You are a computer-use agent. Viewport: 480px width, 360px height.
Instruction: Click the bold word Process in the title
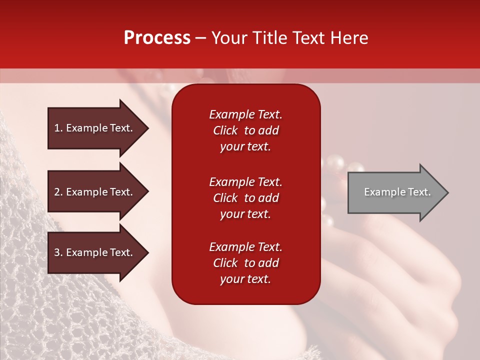pyautogui.click(x=157, y=38)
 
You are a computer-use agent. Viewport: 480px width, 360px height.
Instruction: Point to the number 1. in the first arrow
pyautogui.click(x=58, y=128)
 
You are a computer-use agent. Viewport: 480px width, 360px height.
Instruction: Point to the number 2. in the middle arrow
pyautogui.click(x=58, y=192)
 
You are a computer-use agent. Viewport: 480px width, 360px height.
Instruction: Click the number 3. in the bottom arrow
pyautogui.click(x=58, y=252)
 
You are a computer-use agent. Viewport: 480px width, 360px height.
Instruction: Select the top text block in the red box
pyautogui.click(x=245, y=130)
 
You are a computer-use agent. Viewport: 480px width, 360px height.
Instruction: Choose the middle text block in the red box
pyautogui.click(x=245, y=198)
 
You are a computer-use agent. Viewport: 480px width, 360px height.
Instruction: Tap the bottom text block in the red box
pyautogui.click(x=245, y=263)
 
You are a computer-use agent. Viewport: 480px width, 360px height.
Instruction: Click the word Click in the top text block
pyautogui.click(x=225, y=130)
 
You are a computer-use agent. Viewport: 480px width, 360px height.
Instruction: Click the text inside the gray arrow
pyautogui.click(x=397, y=192)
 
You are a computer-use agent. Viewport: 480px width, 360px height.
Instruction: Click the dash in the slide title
pyautogui.click(x=200, y=38)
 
